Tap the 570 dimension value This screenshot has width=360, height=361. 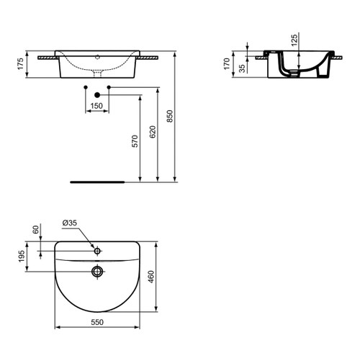pos(134,142)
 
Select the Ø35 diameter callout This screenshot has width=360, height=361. pos(70,223)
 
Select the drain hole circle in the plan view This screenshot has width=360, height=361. pos(97,272)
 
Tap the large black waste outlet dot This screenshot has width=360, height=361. pos(97,94)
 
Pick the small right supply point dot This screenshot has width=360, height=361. pos(109,87)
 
